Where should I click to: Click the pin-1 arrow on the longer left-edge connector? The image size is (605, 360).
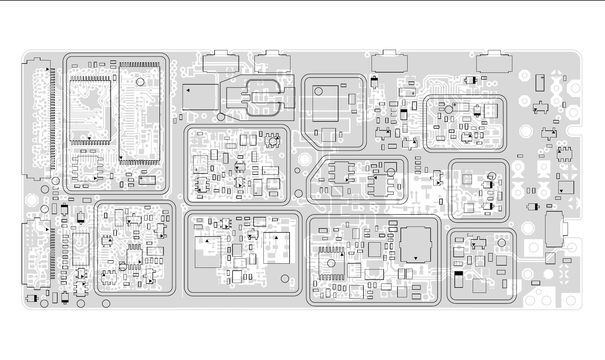pyautogui.click(x=47, y=69)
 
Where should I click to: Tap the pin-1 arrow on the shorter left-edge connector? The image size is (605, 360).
pyautogui.click(x=47, y=230)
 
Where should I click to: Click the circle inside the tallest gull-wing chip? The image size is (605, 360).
pyautogui.click(x=140, y=82)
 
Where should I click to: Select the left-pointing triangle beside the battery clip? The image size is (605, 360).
pyautogui.click(x=188, y=90)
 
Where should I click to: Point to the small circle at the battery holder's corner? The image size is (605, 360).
pyautogui.click(x=221, y=117)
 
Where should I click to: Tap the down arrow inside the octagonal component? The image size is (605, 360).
pyautogui.click(x=416, y=258)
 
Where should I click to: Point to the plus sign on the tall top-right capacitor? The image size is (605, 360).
pyautogui.click(x=542, y=77)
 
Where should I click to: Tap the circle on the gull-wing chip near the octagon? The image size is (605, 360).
pyautogui.click(x=331, y=263)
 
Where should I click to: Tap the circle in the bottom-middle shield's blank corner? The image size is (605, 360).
pyautogui.click(x=285, y=279)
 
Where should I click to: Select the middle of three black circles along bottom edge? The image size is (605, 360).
pyautogui.click(x=81, y=304)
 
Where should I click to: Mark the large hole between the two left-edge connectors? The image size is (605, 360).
pyautogui.click(x=31, y=200)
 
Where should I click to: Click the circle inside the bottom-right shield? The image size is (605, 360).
pyautogui.click(x=501, y=243)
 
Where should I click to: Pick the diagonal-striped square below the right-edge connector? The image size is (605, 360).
pyautogui.click(x=550, y=258)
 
